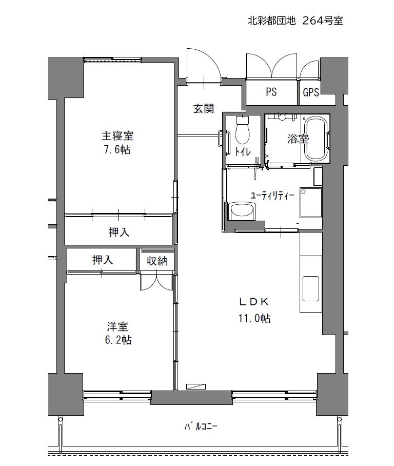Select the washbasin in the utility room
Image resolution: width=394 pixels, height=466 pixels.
tap(243, 211)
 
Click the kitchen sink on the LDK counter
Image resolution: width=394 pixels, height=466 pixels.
tap(311, 288)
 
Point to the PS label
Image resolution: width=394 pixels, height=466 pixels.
tap(271, 92)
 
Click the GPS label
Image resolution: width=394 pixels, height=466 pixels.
tap(311, 92)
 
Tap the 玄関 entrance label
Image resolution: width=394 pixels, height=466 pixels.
tap(204, 108)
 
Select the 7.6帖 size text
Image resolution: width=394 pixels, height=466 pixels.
tap(117, 149)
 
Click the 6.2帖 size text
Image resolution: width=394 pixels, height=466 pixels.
tap(119, 340)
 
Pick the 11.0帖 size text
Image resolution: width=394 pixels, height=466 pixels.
tap(254, 318)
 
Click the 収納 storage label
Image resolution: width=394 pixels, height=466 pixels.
tap(157, 261)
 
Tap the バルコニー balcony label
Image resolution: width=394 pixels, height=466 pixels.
tap(201, 427)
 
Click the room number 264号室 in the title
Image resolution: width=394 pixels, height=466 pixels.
tap(323, 21)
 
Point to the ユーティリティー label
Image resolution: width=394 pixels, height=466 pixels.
tap(272, 196)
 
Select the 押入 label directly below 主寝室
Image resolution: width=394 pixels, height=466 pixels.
tap(119, 232)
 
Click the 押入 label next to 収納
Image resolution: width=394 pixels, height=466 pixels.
tap(103, 260)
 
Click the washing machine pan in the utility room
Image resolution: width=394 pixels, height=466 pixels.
tap(311, 202)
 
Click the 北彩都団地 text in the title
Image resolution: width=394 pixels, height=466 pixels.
tap(272, 21)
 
